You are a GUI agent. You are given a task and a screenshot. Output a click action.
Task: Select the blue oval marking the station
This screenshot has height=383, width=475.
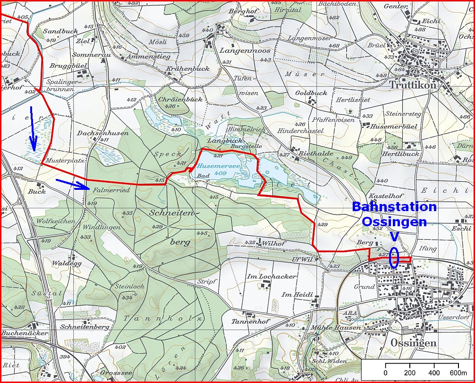[394, 258]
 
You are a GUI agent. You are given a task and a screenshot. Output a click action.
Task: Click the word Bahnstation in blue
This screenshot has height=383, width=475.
[394, 207]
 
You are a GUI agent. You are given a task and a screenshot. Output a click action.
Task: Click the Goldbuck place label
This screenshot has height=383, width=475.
[311, 93]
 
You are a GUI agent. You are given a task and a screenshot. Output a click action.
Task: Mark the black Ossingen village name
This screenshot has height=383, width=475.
[413, 342]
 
